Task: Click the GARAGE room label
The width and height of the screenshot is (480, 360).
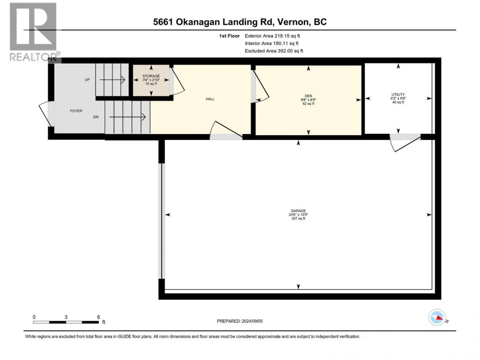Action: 298,211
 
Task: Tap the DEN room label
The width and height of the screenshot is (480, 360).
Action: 308,96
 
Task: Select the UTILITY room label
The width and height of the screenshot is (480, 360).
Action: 398,94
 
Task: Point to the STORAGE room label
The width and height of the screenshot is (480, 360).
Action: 151,76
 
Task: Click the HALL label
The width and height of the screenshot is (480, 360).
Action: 210,99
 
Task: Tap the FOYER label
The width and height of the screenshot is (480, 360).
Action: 76,111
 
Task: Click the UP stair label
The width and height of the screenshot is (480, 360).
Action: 87,80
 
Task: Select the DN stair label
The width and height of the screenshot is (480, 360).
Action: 96,117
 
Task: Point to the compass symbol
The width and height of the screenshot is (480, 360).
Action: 437,317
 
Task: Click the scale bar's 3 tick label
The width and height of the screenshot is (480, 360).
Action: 66,317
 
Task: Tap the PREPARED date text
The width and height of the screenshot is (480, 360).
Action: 240,321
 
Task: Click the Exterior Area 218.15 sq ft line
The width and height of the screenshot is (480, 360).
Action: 272,36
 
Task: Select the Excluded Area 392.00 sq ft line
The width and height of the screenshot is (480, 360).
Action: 274,51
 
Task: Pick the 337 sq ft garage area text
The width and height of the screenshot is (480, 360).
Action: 298,218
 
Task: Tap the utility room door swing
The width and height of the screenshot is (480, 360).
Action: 405,143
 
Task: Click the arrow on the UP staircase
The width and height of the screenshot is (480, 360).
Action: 112,80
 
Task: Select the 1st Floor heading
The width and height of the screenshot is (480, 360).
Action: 229,36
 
